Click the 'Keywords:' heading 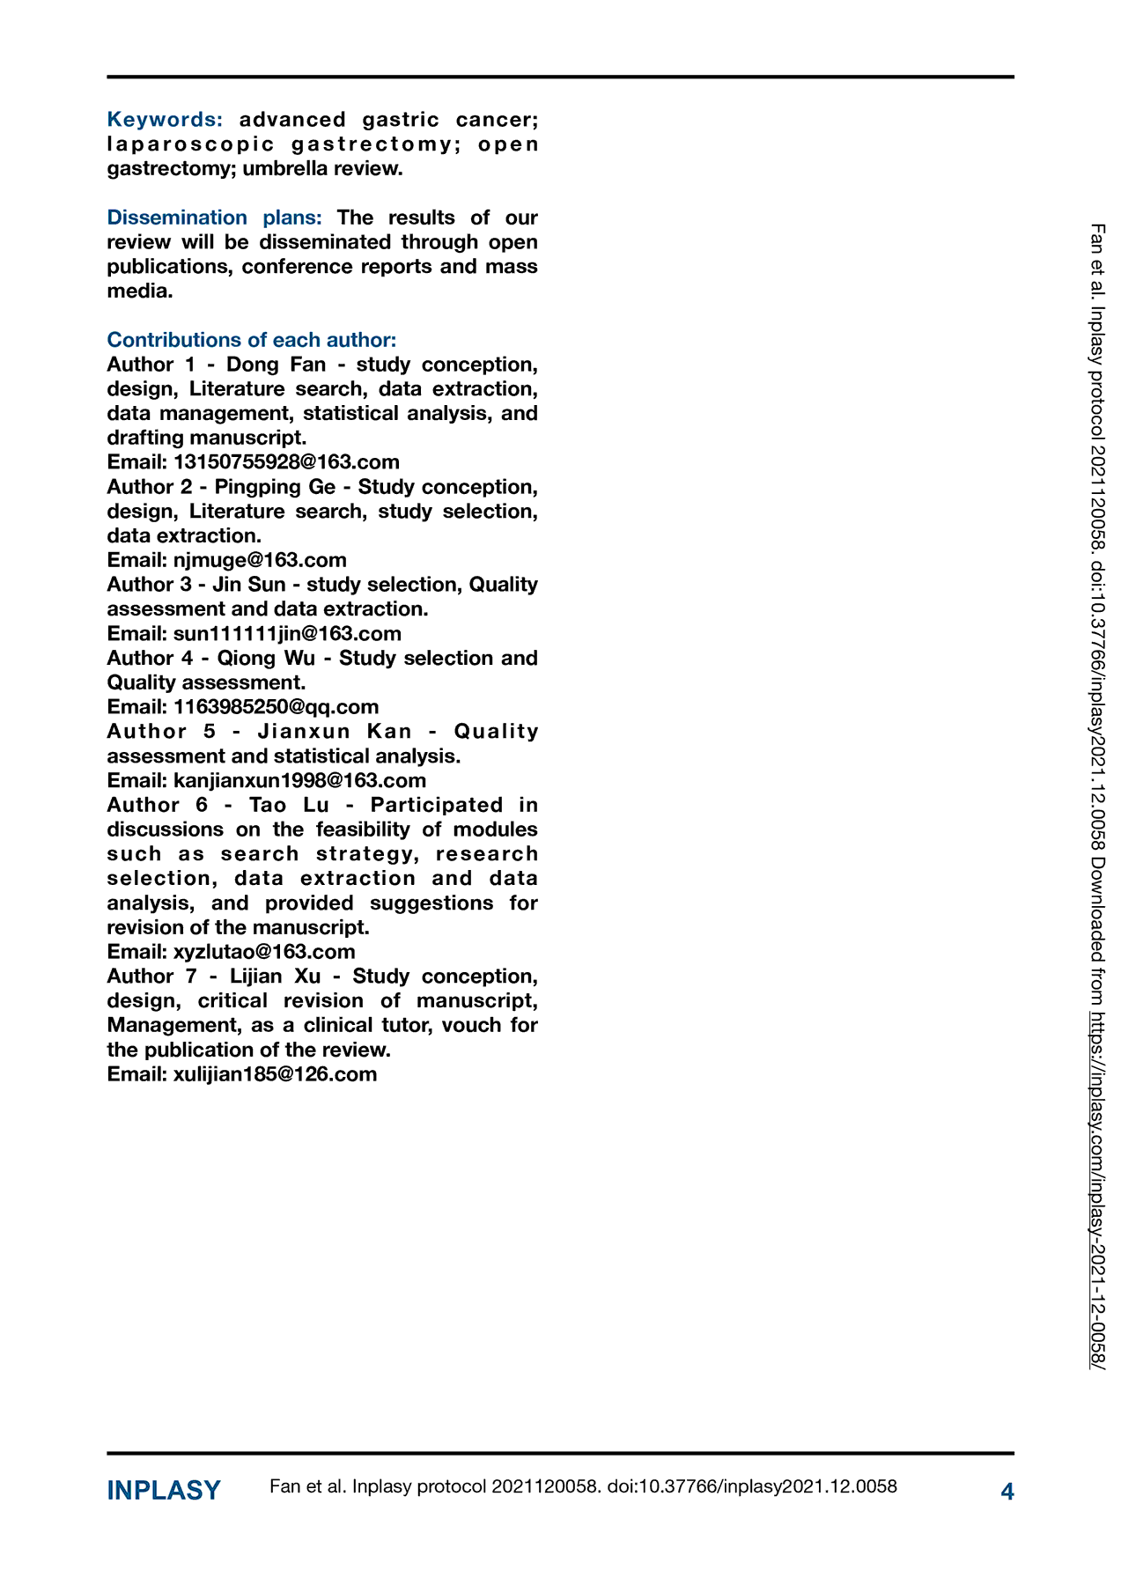(x=165, y=119)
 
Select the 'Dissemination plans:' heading (x=214, y=217)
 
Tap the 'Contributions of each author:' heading (x=252, y=340)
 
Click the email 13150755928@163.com (x=286, y=462)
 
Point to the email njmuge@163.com (x=260, y=560)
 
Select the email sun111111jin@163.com (x=287, y=634)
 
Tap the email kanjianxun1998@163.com (x=299, y=781)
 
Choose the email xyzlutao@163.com (x=264, y=952)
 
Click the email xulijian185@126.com (x=275, y=1074)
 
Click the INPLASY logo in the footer (x=164, y=1491)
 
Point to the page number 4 (x=1007, y=1492)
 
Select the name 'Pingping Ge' (x=275, y=487)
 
